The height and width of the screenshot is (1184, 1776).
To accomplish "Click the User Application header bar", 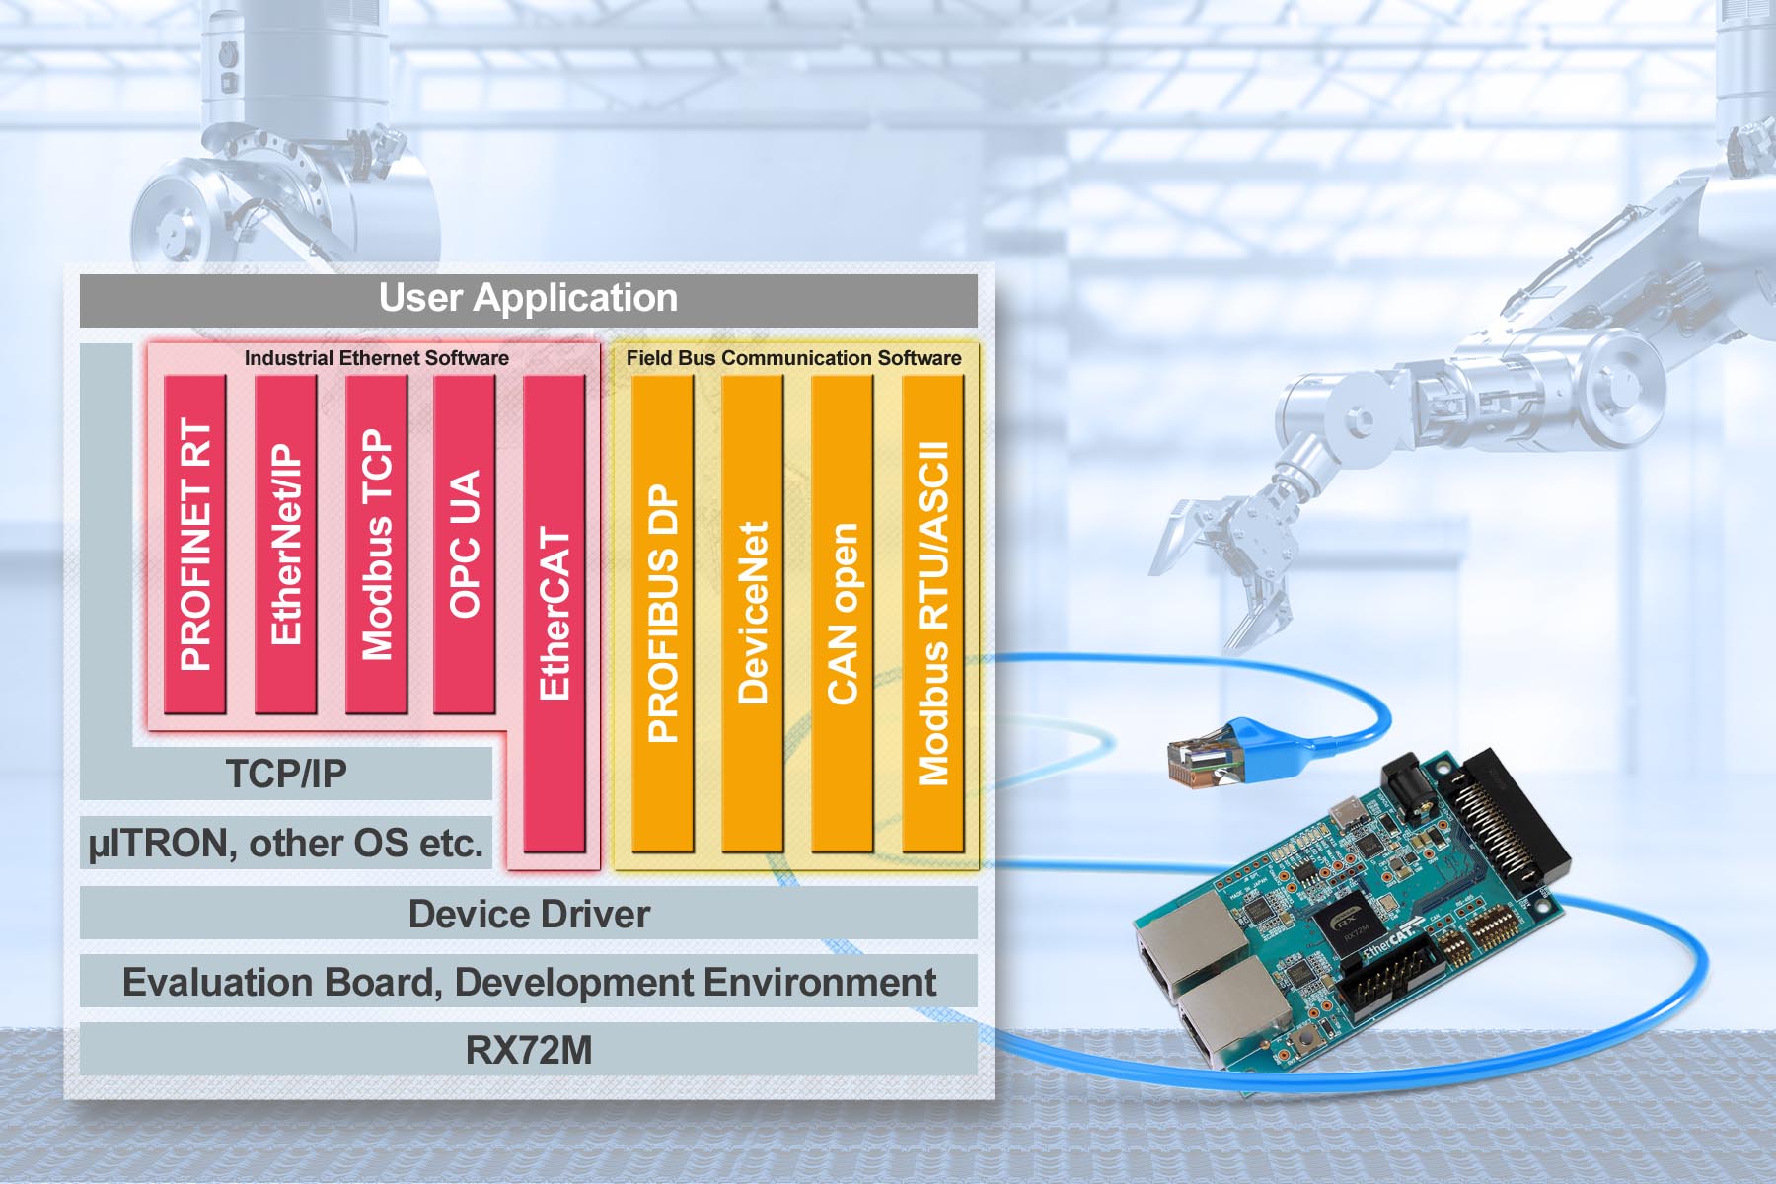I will (528, 299).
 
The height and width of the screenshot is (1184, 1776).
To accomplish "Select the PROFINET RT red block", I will (195, 544).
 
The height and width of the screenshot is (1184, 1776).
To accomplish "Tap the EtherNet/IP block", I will (285, 544).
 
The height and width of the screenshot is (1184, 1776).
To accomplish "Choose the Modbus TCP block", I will (376, 544).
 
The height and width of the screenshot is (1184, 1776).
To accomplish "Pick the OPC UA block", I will (464, 544).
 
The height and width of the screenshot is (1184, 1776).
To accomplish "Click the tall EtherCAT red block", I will (554, 613).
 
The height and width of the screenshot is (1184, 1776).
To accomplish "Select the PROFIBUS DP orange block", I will (662, 613).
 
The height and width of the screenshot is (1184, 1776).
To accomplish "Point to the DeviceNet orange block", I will (752, 613).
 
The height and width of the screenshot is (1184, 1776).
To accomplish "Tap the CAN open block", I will (842, 613).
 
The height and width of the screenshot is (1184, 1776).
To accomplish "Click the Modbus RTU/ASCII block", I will (932, 613).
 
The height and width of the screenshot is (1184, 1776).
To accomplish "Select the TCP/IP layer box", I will (286, 774).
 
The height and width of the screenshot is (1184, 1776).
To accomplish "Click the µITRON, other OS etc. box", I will (286, 844).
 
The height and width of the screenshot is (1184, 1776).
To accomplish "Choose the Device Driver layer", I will (528, 914).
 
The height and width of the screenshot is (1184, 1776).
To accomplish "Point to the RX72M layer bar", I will (528, 1050).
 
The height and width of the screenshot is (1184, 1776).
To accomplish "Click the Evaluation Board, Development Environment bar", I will (528, 982).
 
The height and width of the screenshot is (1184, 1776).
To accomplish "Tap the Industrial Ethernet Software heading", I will (376, 358).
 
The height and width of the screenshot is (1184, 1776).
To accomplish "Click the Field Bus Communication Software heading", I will (793, 358).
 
